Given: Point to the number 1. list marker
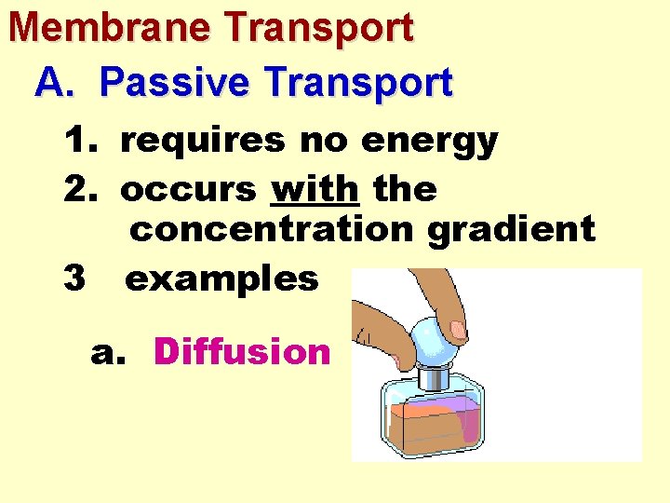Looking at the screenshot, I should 83,142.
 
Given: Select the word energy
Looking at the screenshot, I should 429,142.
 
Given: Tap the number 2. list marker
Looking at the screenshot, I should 83,189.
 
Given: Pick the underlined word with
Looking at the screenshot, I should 315,189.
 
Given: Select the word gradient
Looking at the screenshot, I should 511,229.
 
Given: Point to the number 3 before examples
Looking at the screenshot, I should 76,278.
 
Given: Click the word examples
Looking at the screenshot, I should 221,278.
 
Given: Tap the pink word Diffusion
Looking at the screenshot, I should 242,351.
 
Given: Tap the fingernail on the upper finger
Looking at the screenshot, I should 457,329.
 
